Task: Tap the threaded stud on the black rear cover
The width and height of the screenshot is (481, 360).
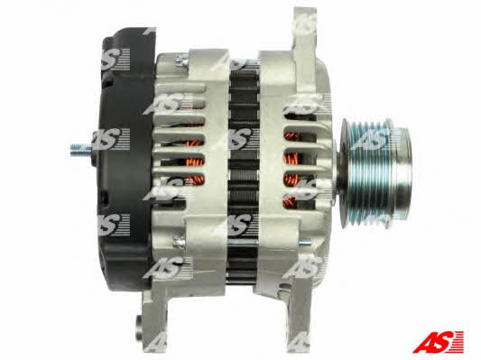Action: point(81,150)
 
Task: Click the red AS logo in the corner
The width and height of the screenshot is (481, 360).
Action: point(438,342)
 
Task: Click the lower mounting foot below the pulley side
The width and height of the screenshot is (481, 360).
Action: point(298,316)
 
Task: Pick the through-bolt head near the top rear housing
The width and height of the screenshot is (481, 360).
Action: point(181,60)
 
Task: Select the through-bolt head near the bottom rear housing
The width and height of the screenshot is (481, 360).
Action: point(180,242)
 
